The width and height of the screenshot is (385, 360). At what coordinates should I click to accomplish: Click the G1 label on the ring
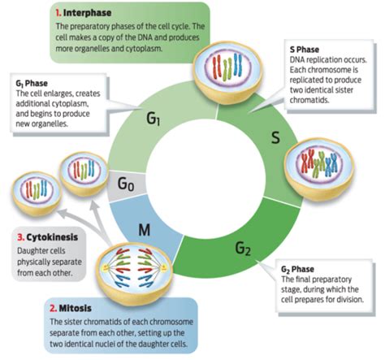tap(154, 119)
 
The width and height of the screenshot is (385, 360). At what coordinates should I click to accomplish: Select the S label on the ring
tap(275, 137)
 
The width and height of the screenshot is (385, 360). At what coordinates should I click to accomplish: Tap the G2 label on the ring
tap(243, 248)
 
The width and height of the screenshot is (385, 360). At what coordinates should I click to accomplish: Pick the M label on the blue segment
tap(144, 230)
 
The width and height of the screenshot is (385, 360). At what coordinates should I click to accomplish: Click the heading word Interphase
tap(87, 13)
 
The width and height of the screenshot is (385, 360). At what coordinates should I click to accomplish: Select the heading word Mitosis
tap(76, 308)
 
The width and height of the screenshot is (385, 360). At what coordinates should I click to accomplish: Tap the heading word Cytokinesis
tap(52, 237)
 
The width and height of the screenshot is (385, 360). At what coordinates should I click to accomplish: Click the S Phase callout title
tap(305, 50)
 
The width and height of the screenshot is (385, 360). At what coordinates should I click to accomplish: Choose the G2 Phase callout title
tap(297, 269)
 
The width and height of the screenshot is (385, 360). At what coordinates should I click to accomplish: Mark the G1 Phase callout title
tap(32, 84)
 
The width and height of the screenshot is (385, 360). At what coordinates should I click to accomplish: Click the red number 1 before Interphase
tap(58, 13)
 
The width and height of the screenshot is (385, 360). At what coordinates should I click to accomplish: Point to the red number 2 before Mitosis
tap(53, 308)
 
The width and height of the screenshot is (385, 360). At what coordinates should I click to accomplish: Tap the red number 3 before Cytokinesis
tap(21, 237)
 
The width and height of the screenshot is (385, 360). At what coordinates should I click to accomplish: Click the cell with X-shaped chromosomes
tap(319, 170)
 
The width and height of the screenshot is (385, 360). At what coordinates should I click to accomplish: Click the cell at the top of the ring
tap(227, 72)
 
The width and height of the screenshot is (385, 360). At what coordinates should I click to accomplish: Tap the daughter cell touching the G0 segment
tap(84, 173)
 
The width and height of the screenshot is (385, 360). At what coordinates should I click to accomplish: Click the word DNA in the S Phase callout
tap(296, 60)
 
